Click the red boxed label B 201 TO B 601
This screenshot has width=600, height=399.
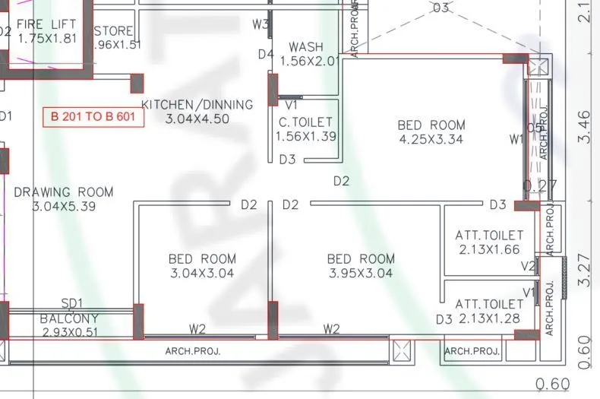(x=93, y=117)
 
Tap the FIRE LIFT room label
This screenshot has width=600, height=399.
(x=46, y=24)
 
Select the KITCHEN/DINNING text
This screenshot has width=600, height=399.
(x=197, y=104)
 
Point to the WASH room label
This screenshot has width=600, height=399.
(x=306, y=47)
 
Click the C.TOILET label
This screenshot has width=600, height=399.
(x=305, y=122)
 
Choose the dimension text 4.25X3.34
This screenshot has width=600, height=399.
(x=431, y=139)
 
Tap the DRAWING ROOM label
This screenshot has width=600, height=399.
(x=64, y=192)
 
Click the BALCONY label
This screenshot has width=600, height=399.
(x=69, y=319)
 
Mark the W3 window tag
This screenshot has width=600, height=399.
(x=261, y=24)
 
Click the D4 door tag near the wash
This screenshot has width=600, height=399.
(x=265, y=54)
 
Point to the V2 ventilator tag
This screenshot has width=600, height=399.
(x=529, y=266)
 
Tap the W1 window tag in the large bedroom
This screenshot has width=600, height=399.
(x=517, y=139)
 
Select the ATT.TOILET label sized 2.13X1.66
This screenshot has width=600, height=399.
(x=489, y=235)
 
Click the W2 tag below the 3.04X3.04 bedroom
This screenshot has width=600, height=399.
(x=197, y=328)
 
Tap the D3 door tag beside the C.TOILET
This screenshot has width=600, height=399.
(x=287, y=160)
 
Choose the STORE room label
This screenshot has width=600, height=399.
(x=115, y=31)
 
